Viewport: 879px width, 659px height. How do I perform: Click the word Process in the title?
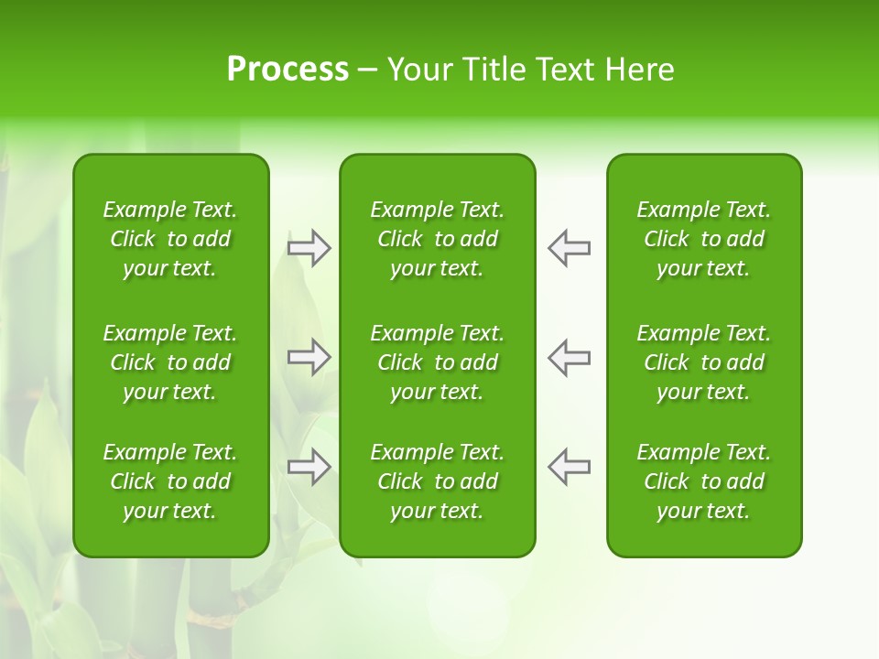point(288,70)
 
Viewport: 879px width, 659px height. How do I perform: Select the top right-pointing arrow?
point(309,248)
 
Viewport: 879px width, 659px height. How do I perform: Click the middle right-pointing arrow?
point(309,357)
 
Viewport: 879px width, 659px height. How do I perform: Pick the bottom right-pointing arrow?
point(309,467)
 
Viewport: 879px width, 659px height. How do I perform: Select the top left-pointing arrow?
point(569,248)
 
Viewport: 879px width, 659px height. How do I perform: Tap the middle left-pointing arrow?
point(569,357)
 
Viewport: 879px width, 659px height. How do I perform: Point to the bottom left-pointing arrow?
point(569,467)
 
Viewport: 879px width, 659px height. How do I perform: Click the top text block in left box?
point(170,239)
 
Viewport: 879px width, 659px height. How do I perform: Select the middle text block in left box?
point(170,362)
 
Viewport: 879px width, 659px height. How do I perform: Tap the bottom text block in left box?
point(170,481)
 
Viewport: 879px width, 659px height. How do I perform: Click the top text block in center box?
point(438,239)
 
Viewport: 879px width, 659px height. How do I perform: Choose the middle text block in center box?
point(438,362)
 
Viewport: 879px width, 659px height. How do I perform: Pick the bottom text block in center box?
point(438,481)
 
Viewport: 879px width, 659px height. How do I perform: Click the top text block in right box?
point(704,239)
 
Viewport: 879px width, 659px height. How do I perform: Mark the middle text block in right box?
point(704,362)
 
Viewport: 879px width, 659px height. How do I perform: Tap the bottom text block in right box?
point(704,481)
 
